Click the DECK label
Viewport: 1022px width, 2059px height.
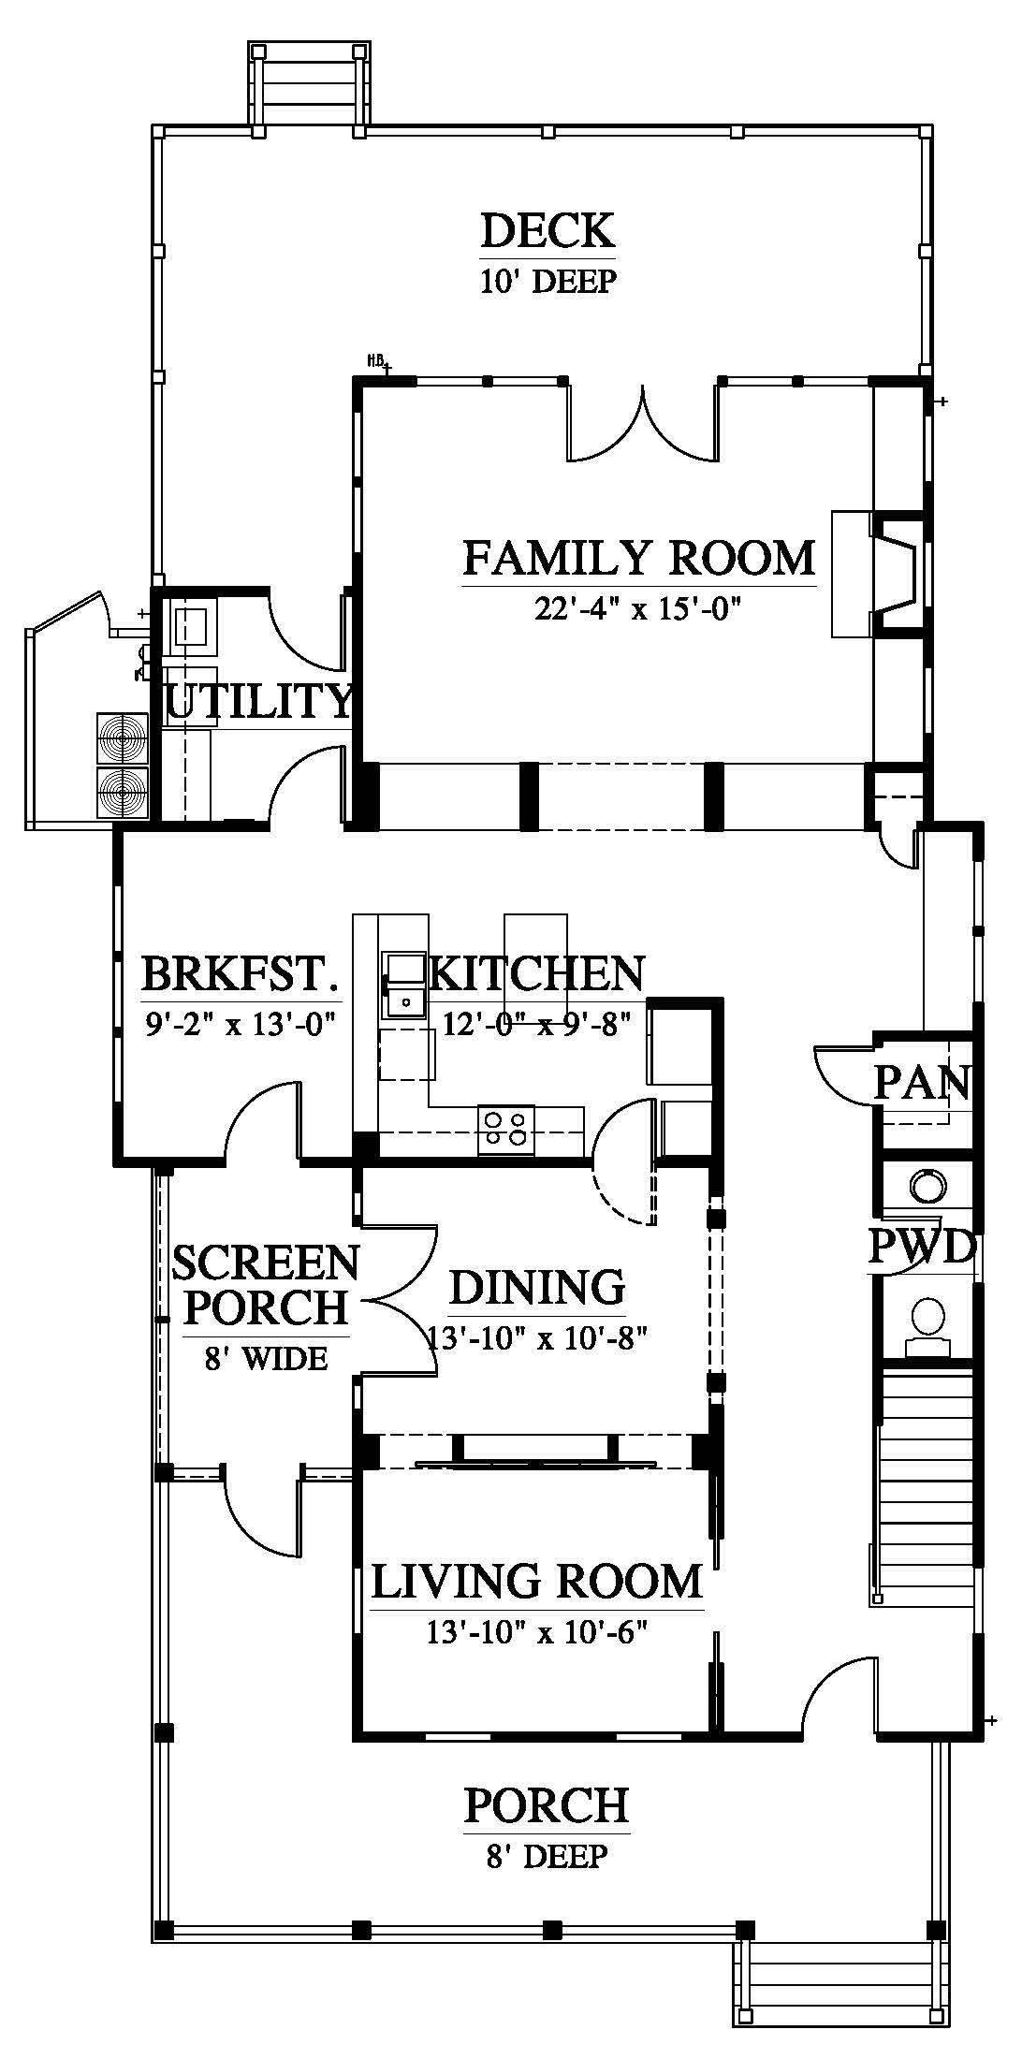pyautogui.click(x=547, y=230)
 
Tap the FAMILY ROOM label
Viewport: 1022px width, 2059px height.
pyautogui.click(x=639, y=559)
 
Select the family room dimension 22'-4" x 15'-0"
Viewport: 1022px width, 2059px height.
pyautogui.click(x=638, y=609)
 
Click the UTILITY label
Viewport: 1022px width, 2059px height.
pyautogui.click(x=258, y=701)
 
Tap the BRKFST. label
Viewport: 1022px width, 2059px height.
pyautogui.click(x=239, y=973)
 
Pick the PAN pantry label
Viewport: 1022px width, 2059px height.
pyautogui.click(x=922, y=1083)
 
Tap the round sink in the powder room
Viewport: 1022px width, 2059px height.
pyautogui.click(x=927, y=1187)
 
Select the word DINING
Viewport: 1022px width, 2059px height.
pyautogui.click(x=537, y=1288)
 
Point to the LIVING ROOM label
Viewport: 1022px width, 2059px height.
pyautogui.click(x=537, y=1582)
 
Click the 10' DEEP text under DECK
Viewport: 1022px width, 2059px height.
pyautogui.click(x=548, y=281)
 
